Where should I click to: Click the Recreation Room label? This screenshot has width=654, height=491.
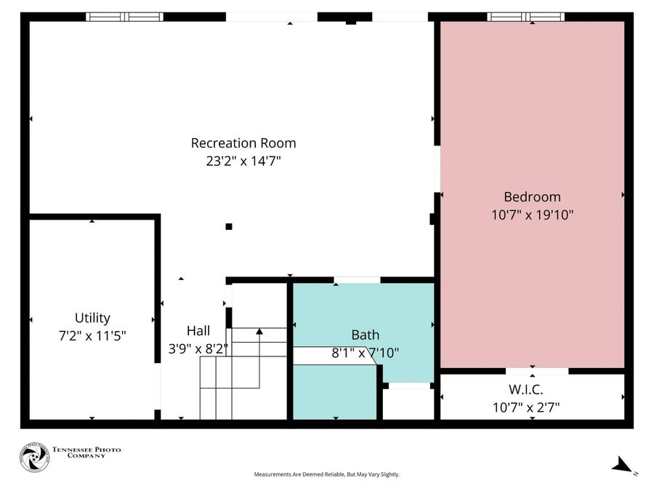(x=243, y=143)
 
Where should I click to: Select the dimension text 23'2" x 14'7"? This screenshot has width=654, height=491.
(x=243, y=161)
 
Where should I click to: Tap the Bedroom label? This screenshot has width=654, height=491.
(x=532, y=197)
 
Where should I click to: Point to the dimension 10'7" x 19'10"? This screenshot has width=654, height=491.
(x=532, y=215)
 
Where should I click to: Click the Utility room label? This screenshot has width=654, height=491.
(x=92, y=318)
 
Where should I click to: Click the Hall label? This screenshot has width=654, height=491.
(x=198, y=330)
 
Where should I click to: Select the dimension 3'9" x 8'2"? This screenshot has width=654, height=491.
(x=198, y=348)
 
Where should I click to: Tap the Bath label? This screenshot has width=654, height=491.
(x=365, y=335)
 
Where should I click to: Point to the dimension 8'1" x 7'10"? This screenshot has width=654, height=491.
(x=365, y=353)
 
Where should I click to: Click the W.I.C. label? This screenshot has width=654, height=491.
(x=532, y=389)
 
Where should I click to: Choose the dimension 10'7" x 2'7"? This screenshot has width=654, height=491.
(x=532, y=407)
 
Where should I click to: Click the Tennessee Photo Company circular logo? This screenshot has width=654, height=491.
(x=33, y=458)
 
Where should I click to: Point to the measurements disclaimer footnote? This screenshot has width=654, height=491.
(x=326, y=475)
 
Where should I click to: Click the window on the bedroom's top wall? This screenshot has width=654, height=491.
(x=526, y=17)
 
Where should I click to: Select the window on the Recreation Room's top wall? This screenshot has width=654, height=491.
(x=124, y=17)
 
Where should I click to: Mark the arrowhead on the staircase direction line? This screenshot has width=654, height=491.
(x=259, y=332)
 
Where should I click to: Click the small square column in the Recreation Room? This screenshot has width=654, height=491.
(x=229, y=226)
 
